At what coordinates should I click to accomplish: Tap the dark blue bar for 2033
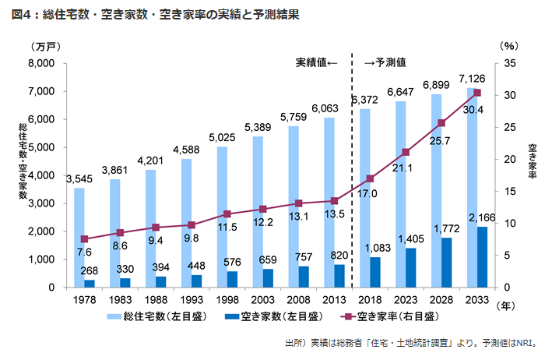click(482, 257)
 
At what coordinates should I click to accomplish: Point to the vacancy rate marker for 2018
click(370, 178)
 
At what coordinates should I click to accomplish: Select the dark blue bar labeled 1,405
click(410, 267)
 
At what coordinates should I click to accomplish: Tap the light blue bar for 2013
click(329, 202)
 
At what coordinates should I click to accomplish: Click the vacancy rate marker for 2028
click(441, 123)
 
